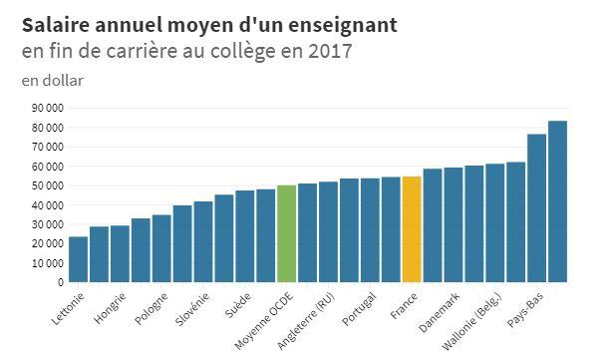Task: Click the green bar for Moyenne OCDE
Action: coord(286,233)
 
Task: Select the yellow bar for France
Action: coord(411,229)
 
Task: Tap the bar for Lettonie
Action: coord(78,259)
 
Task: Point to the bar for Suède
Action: coord(244,236)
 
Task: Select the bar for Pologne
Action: coord(161,248)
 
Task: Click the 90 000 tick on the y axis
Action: coord(46,108)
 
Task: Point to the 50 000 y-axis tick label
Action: coord(46,185)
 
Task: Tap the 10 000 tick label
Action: coord(46,263)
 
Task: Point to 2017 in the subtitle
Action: coord(330,51)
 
